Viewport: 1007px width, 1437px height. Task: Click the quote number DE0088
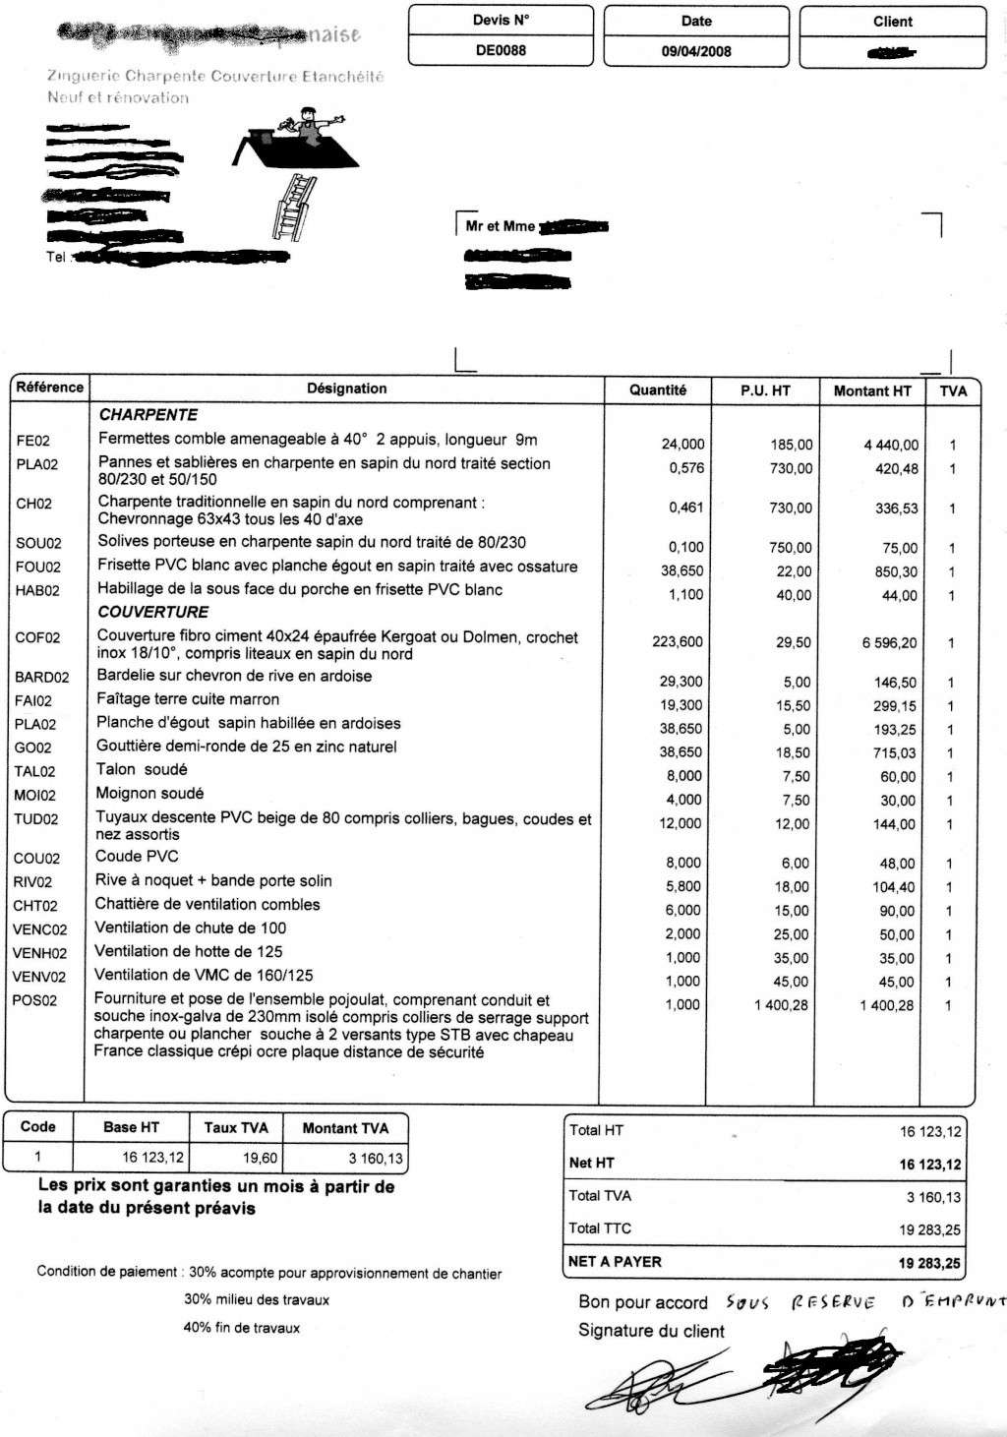pos(500,50)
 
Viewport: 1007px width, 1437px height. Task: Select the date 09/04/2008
pos(696,51)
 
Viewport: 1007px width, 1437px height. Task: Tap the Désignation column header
pos(346,389)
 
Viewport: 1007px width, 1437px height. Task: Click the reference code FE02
pos(33,441)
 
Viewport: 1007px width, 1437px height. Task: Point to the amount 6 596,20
pos(889,642)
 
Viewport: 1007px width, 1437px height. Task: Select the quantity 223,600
pos(678,641)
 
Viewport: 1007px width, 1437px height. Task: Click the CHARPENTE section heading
pos(148,415)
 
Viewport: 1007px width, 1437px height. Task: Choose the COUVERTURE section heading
pos(152,612)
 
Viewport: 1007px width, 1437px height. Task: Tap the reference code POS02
pos(35,1001)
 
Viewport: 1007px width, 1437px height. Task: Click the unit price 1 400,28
pos(781,1005)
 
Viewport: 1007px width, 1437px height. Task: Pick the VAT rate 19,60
pos(261,1159)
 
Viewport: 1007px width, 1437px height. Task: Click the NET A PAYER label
pos(615,1262)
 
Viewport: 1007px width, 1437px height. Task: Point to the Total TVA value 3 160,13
pos(933,1197)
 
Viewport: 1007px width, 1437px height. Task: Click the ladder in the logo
pos(290,207)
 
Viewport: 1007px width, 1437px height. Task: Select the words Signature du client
pos(651,1331)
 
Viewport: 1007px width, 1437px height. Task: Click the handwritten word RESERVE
pos(833,1302)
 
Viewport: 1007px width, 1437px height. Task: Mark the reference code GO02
pos(33,748)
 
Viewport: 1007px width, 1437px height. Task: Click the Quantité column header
pos(658,389)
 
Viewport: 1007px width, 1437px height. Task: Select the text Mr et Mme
pos(500,226)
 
